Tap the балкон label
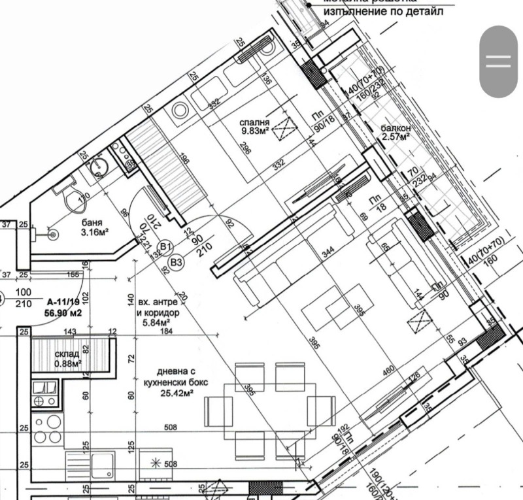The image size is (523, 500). (x=396, y=128)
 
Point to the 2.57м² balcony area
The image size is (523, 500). (x=396, y=138)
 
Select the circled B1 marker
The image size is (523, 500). (x=166, y=247)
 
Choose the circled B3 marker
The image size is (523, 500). (x=176, y=263)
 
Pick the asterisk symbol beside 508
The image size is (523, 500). (x=155, y=464)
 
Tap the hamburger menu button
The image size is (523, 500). (x=498, y=61)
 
